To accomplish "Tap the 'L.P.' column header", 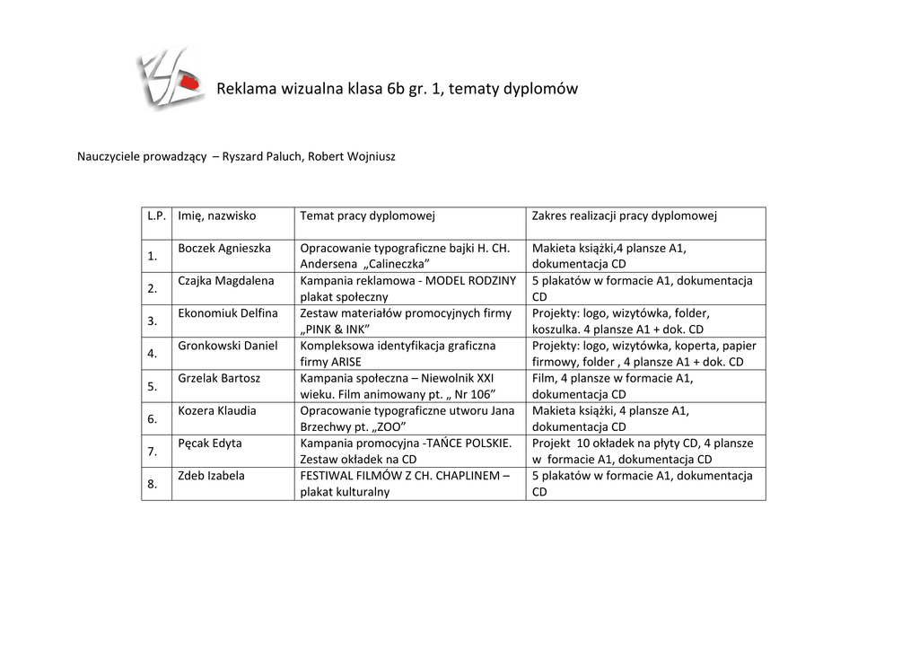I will tap(156, 215).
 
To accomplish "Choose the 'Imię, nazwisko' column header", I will tap(217, 215).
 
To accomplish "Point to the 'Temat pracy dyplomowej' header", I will tap(367, 215).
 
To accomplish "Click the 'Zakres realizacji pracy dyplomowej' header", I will tap(625, 215).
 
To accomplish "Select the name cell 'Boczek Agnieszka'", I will tap(224, 248).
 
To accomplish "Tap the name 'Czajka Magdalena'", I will tap(226, 280).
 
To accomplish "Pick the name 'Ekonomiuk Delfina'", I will tap(228, 312).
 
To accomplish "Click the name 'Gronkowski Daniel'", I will tap(228, 346).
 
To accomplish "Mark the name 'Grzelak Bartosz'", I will tap(219, 378).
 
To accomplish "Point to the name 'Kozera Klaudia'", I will tap(217, 410).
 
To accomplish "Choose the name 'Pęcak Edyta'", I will tap(210, 443).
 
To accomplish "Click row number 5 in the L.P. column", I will tap(153, 386).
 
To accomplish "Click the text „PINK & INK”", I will tap(335, 329).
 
